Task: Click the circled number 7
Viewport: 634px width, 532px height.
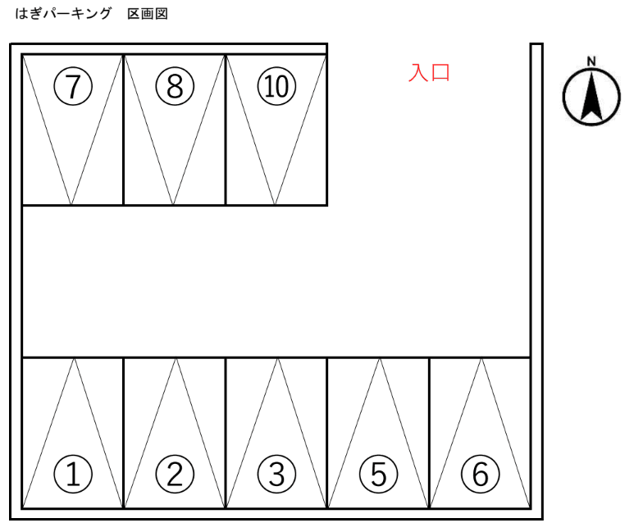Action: [x=73, y=86]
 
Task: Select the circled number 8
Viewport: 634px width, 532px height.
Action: [x=175, y=86]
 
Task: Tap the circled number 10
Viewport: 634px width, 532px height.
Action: [x=276, y=86]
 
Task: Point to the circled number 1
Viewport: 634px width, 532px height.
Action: [x=73, y=473]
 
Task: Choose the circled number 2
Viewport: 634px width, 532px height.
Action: [x=175, y=473]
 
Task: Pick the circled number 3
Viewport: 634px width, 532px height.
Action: [x=276, y=473]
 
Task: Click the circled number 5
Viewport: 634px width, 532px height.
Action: [x=378, y=473]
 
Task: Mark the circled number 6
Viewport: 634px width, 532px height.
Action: [x=480, y=473]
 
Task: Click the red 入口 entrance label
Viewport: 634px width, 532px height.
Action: [x=430, y=73]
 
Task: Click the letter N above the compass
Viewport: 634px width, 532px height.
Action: [x=591, y=61]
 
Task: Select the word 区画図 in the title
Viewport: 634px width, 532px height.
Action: [x=148, y=14]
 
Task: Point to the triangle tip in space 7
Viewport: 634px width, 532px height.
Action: [x=72, y=204]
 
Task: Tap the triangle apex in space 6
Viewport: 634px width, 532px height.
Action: [x=481, y=358]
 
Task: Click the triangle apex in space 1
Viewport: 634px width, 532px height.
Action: [x=74, y=358]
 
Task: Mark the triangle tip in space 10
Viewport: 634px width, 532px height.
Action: [x=276, y=204]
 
